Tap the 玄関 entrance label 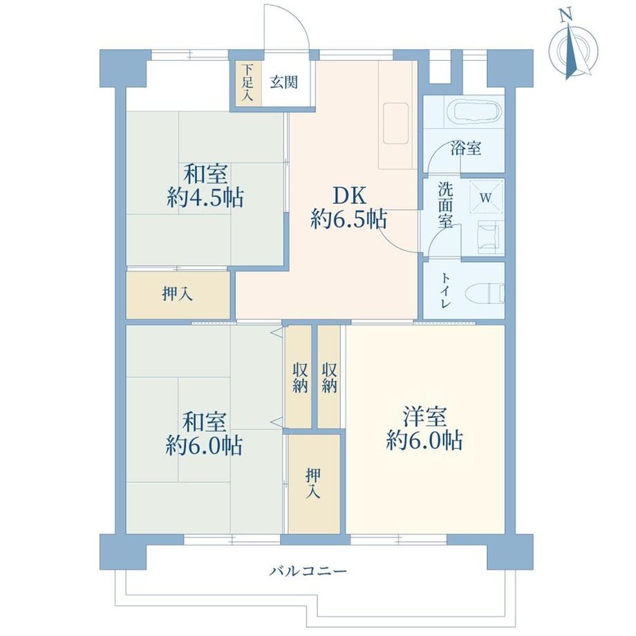284,82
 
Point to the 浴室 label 466,148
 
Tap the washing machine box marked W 486,198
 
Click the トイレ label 445,290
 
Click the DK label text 349,196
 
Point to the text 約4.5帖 205,198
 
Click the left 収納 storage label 300,377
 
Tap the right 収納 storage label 329,377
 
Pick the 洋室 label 424,416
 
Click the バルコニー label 308,572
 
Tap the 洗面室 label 445,205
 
